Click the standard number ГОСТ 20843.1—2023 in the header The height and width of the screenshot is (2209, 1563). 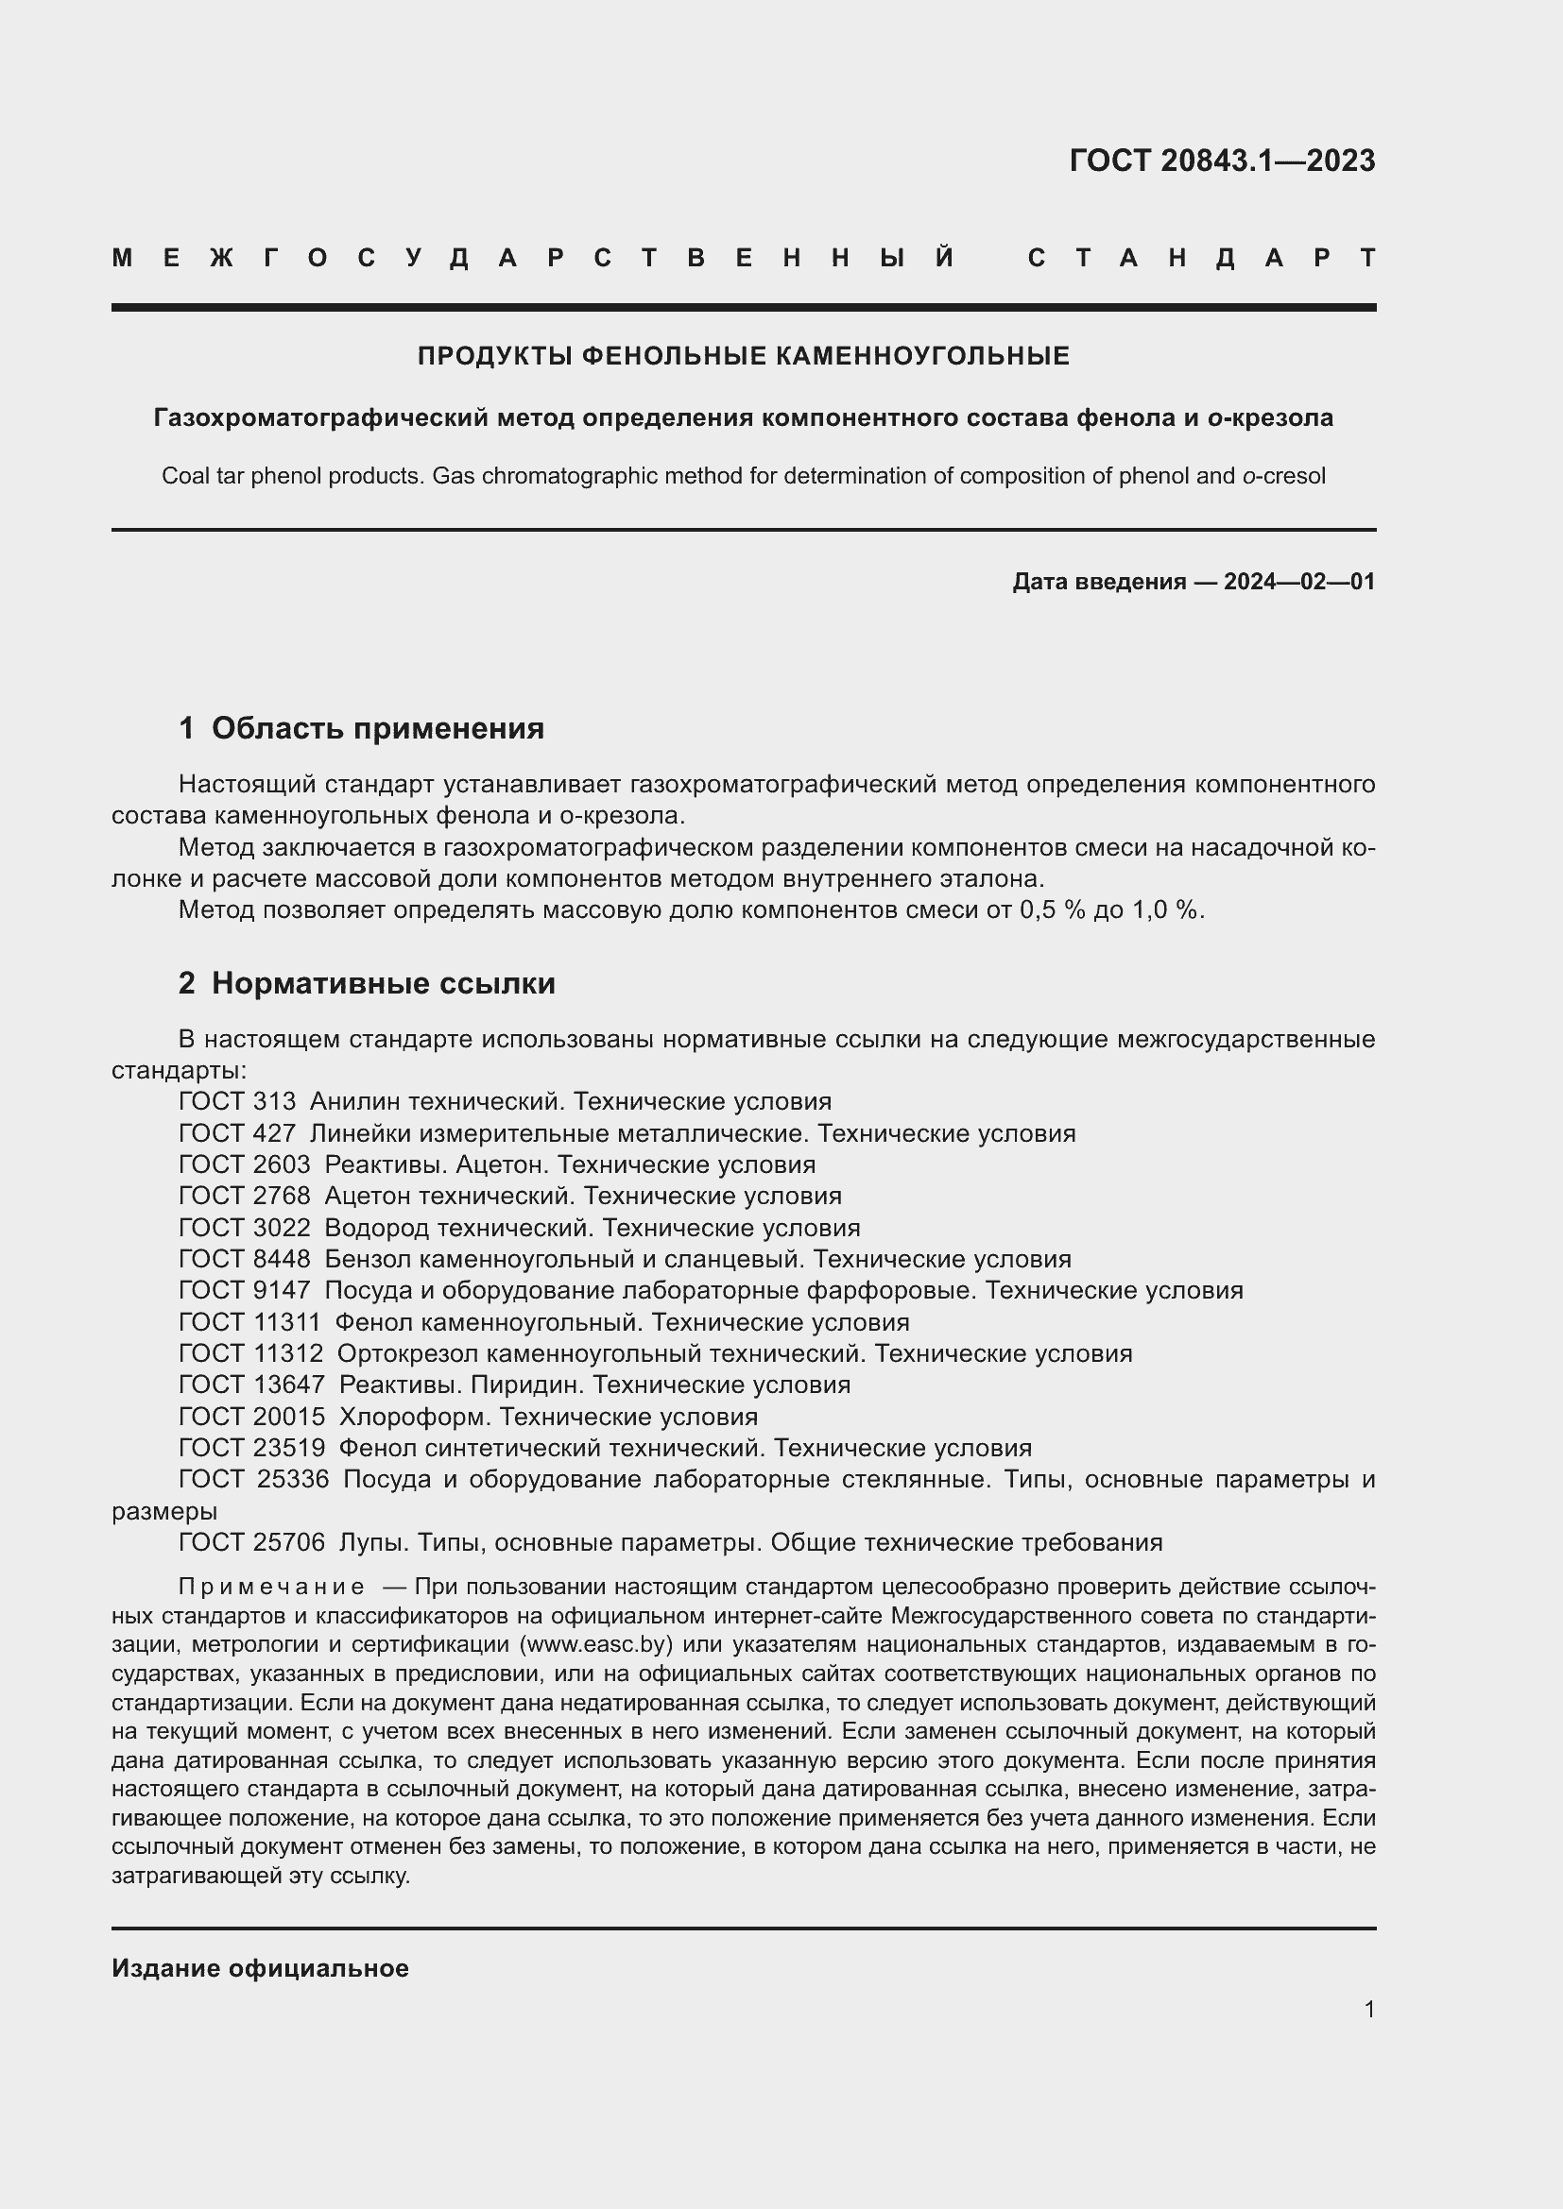coord(1221,161)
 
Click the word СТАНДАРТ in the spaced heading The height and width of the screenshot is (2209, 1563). coord(1201,258)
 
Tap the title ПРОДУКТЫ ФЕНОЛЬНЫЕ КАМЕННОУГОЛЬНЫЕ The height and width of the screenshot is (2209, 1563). coord(743,357)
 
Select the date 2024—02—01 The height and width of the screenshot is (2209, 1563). coord(1299,581)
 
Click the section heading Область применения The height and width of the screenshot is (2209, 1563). coord(377,728)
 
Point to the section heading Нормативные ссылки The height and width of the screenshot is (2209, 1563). coord(383,983)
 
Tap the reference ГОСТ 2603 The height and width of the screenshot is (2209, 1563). coord(245,1165)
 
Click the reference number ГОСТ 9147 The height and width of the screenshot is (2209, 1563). coord(245,1290)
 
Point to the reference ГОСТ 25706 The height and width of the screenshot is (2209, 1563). coord(251,1542)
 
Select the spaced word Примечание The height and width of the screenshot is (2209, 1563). coord(271,1587)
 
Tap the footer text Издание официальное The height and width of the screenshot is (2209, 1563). coord(260,1968)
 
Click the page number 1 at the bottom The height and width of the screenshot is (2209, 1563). coord(1368,2009)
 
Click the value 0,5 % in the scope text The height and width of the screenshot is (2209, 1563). coord(1052,910)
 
